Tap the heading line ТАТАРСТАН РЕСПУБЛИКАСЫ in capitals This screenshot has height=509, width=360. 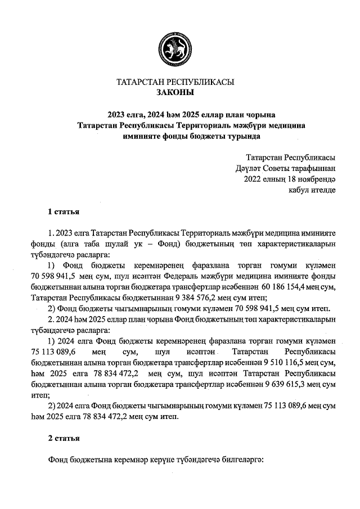point(174,82)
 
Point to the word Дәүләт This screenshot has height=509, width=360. point(249,167)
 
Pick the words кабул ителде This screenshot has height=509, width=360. point(312,190)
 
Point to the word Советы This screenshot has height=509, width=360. point(287,167)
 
